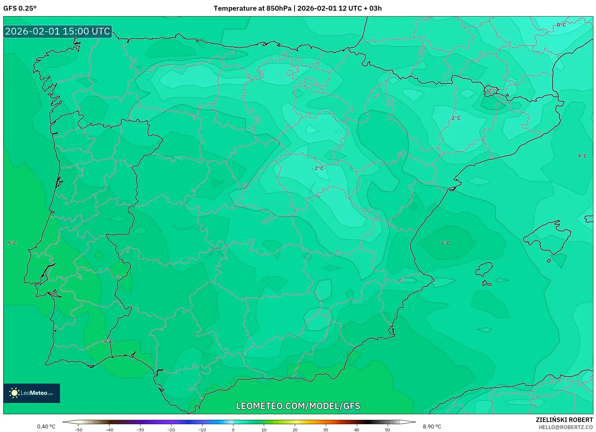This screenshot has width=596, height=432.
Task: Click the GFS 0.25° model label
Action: click(20, 8)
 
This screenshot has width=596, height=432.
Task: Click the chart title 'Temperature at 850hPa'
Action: click(252, 8)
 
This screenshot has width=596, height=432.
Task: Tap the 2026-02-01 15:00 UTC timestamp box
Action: click(57, 31)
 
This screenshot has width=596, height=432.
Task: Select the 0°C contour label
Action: click(561, 25)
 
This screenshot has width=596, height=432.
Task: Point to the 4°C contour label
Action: click(582, 156)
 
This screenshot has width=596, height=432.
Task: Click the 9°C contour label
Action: click(12, 243)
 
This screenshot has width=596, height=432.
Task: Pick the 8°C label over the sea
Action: click(445, 243)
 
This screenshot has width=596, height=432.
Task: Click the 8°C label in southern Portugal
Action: click(108, 341)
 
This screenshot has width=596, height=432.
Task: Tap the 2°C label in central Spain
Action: click(319, 168)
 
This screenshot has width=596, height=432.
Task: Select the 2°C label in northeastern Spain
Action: click(456, 118)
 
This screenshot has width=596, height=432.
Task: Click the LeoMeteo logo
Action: click(32, 393)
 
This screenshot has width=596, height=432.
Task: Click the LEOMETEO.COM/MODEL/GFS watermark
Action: click(298, 406)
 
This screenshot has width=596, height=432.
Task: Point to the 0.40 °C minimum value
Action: click(46, 427)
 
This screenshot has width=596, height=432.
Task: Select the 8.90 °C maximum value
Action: click(432, 427)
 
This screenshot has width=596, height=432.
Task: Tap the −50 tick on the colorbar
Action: click(78, 430)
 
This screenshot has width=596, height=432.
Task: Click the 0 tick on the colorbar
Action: click(233, 430)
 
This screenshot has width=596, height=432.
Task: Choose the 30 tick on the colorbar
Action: click(325, 430)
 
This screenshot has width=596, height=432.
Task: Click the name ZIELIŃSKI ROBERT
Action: click(564, 420)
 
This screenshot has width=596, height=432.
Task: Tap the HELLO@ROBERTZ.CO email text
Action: click(566, 427)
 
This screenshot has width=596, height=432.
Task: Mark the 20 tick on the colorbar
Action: click(295, 430)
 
